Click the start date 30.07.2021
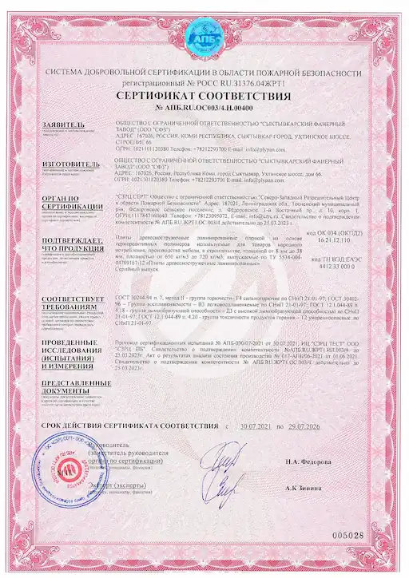[256, 428]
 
